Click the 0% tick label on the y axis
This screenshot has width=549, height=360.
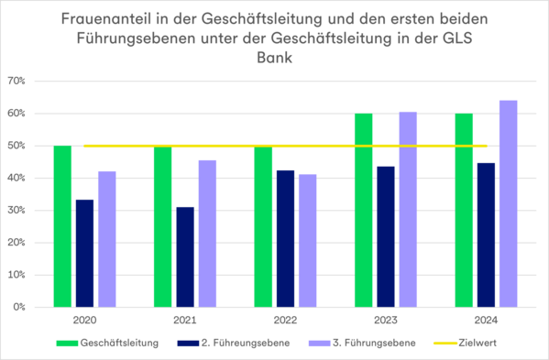tap(18, 307)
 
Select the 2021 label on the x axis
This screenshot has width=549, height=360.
tap(185, 321)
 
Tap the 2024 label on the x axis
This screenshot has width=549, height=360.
tap(486, 321)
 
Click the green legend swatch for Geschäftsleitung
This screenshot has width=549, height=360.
tap(67, 344)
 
